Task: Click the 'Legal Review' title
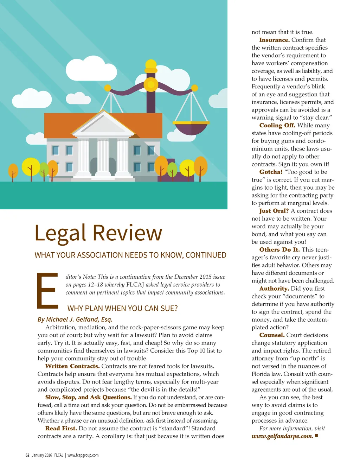coord(98,233)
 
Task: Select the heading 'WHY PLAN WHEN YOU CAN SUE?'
coord(122,309)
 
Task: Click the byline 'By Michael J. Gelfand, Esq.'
coord(75,320)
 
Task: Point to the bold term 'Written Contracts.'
coord(72,366)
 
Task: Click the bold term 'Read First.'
coord(61,428)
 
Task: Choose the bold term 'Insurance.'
coord(274,40)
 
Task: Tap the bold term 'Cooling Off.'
coord(277,126)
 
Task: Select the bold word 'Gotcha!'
coord(271,172)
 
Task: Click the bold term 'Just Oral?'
coord(274,211)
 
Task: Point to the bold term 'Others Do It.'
coord(279,249)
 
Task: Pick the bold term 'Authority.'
coord(274,289)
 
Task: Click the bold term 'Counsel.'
coord(272,335)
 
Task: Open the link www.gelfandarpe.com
coord(282,436)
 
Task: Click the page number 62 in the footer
coord(27,455)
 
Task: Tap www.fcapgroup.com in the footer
coord(83,455)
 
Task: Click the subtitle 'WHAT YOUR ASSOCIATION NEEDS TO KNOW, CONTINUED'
coord(130,255)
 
